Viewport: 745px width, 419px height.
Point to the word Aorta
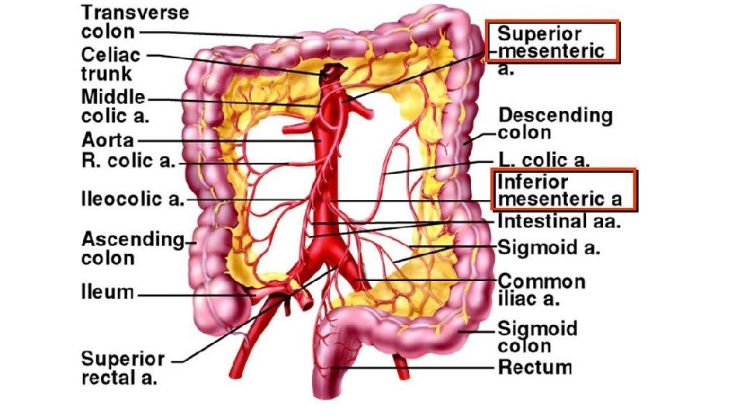tap(108, 141)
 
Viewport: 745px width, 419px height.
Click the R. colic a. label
tap(129, 163)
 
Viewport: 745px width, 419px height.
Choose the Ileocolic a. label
tap(133, 199)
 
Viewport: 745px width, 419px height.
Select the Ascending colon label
tap(132, 248)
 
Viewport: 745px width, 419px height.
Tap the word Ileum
tap(108, 293)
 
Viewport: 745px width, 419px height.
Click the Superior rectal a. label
tap(123, 368)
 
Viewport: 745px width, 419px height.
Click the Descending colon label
tap(555, 124)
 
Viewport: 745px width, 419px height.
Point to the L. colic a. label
tap(544, 161)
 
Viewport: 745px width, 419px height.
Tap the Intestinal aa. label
tap(560, 221)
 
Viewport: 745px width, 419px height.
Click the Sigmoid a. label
tap(549, 249)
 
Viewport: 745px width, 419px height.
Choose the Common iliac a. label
tap(542, 289)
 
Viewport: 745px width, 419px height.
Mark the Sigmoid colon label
tap(537, 336)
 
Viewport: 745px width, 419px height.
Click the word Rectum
tap(535, 367)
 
